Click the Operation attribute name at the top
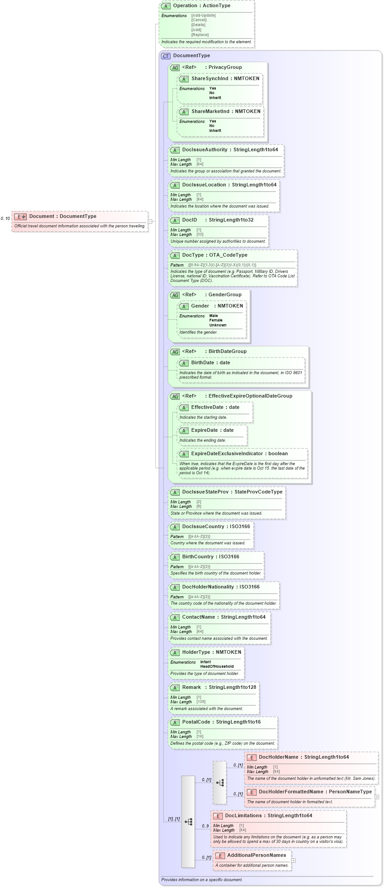click(x=185, y=6)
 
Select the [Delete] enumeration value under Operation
click(x=198, y=25)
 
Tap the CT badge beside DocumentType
click(x=166, y=56)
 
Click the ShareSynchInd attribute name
click(x=210, y=79)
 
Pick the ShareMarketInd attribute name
click(x=210, y=112)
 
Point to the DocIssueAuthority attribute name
click(x=205, y=150)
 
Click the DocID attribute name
click(x=190, y=220)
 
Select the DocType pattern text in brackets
click(x=222, y=265)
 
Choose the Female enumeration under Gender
click(x=216, y=321)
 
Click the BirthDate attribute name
click(x=203, y=363)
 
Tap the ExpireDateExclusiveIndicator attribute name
click(x=227, y=454)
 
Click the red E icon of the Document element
click(x=20, y=217)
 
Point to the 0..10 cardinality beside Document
click(x=5, y=219)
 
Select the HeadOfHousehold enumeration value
click(x=217, y=667)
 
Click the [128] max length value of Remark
click(x=201, y=702)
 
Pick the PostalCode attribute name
click(x=196, y=722)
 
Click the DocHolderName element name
click(x=278, y=757)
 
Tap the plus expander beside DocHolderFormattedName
click(x=377, y=797)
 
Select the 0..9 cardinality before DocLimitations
click(x=205, y=826)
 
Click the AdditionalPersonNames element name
click(x=257, y=855)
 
